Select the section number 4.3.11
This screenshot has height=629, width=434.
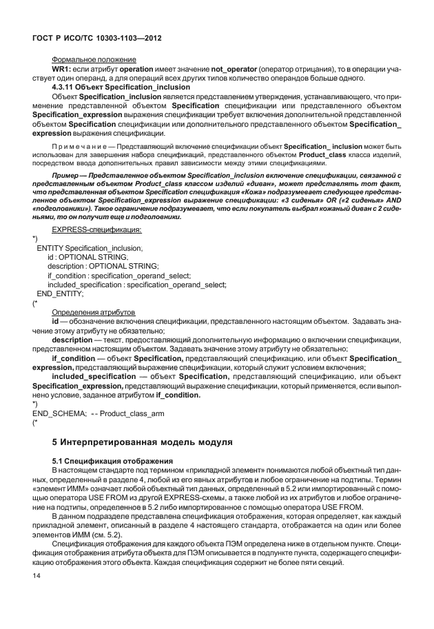(67, 88)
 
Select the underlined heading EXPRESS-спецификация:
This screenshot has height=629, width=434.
(96, 229)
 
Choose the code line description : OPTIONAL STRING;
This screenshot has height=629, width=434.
(103, 266)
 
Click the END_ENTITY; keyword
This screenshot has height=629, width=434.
(60, 293)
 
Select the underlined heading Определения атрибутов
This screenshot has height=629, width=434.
(94, 312)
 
